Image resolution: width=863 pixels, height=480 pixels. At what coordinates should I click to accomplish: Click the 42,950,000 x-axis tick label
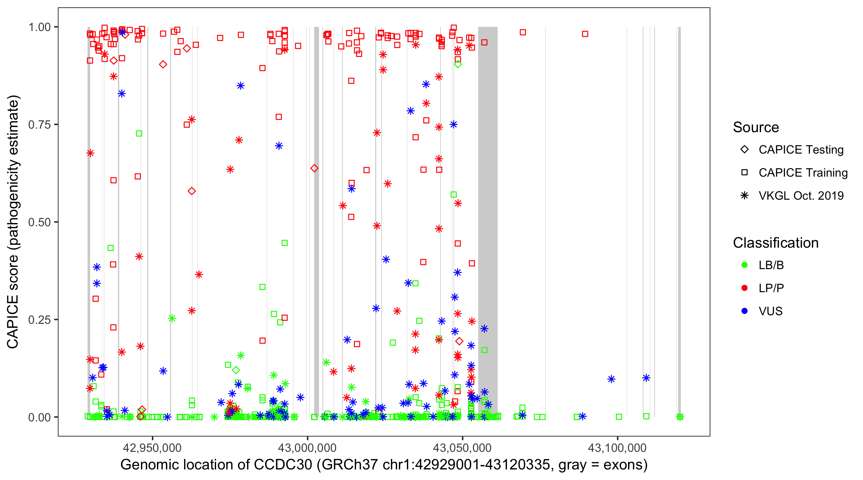[152, 448]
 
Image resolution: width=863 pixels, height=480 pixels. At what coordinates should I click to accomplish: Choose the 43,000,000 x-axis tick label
[307, 448]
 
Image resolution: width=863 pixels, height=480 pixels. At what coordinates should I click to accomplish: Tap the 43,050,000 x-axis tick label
[462, 448]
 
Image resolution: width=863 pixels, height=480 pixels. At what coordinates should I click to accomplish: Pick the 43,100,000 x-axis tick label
[617, 448]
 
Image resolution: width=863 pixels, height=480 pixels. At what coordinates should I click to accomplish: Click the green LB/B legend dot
[744, 265]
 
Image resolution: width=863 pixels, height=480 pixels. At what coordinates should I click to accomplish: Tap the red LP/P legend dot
[744, 288]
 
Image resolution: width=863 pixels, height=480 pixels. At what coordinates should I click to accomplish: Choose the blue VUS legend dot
[744, 311]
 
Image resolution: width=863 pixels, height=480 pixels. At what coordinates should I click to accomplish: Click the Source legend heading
[756, 127]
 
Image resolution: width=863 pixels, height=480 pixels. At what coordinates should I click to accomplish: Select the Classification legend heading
[775, 243]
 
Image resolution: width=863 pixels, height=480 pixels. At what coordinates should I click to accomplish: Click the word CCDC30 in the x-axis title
[283, 465]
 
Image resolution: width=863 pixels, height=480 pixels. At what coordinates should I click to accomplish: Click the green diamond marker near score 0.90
[458, 64]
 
